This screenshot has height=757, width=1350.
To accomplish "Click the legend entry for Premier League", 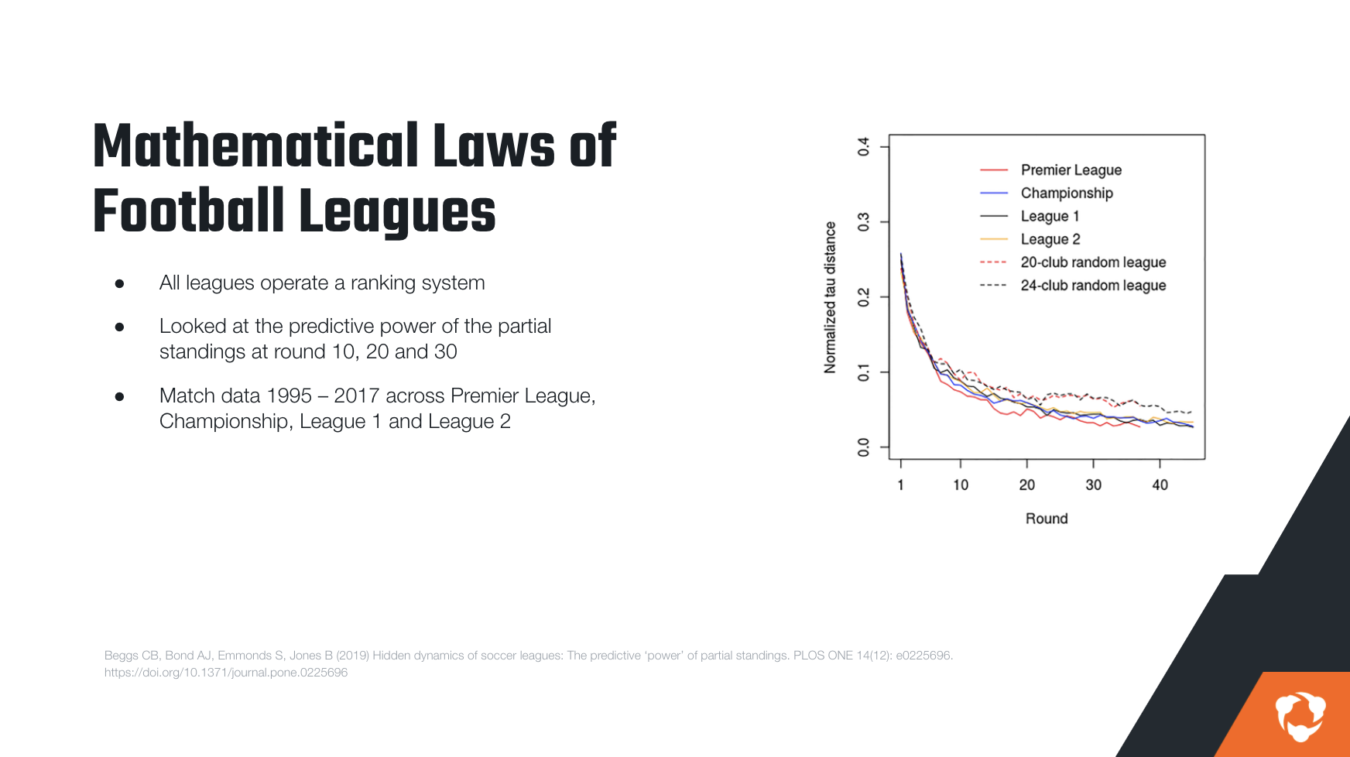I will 1071,170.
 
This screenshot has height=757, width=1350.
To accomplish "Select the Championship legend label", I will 1066,194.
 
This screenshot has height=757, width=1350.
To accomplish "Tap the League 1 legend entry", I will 1049,217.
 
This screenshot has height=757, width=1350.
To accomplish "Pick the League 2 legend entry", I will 1050,240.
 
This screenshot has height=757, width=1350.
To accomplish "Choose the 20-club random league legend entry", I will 1092,262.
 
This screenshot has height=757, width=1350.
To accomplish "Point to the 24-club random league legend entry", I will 1092,286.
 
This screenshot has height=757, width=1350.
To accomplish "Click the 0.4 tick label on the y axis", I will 864,146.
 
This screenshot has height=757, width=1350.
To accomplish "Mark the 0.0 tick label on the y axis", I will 864,447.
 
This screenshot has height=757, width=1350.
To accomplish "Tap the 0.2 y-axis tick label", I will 864,297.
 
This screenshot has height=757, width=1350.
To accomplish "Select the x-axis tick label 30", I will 1093,485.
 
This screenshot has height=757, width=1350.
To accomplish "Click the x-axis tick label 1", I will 900,485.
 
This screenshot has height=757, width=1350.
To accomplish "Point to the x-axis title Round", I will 1047,519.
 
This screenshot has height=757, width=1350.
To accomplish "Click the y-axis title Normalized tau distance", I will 831,297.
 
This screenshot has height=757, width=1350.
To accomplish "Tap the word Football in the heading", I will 189,211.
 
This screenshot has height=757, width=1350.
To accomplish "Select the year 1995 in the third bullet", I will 289,396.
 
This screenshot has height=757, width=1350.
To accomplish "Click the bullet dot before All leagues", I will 119,284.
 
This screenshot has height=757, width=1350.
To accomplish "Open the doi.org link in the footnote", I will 226,673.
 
